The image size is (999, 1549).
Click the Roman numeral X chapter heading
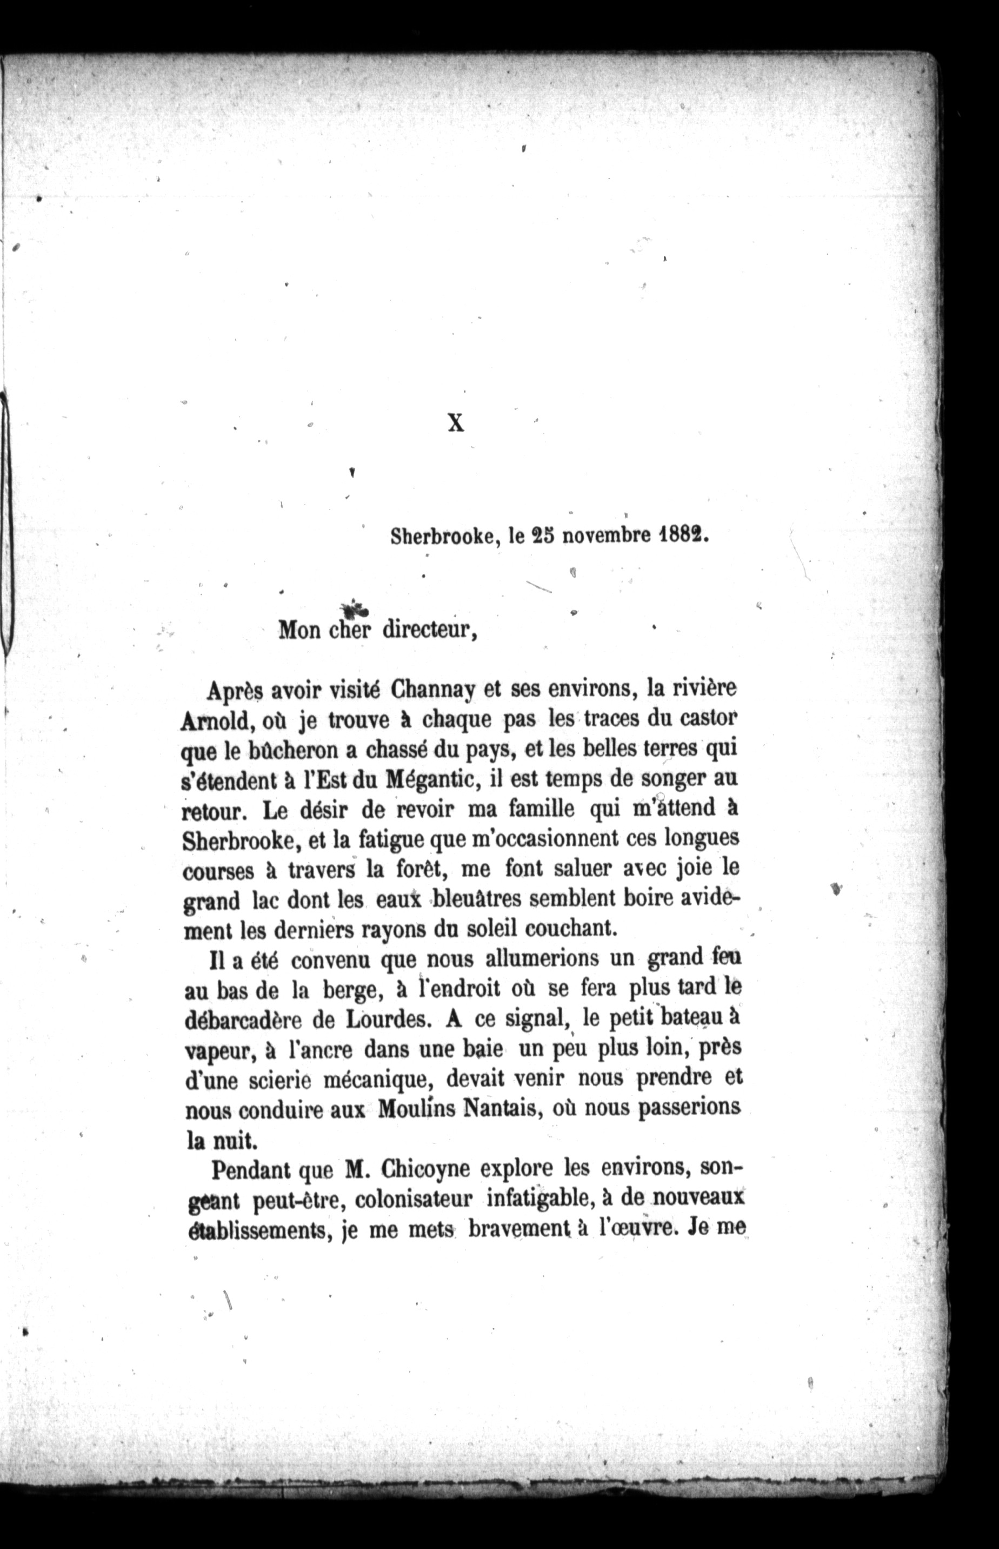pyautogui.click(x=456, y=423)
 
